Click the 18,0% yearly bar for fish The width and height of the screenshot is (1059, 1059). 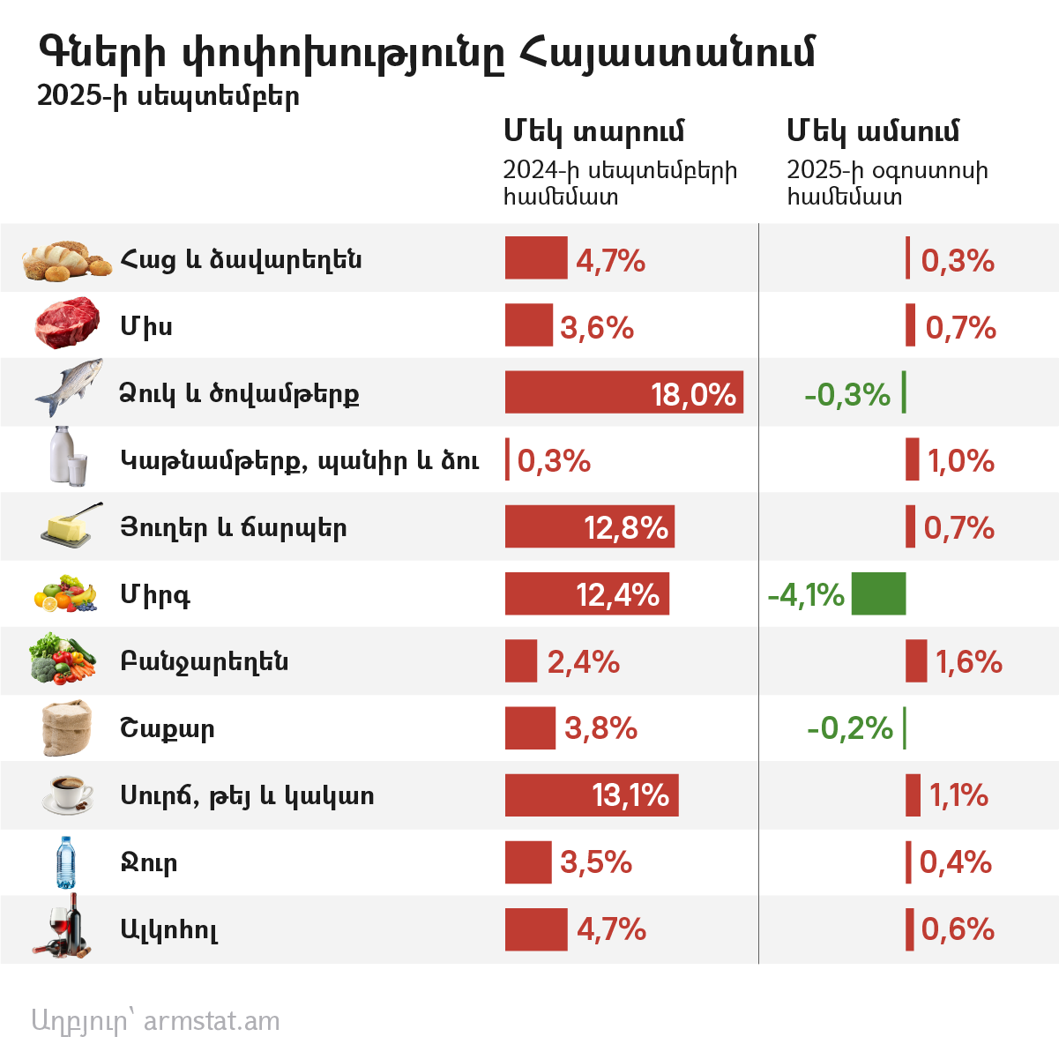click(x=623, y=392)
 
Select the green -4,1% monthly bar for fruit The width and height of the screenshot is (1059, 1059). click(x=878, y=593)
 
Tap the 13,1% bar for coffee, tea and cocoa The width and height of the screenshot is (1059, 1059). click(x=591, y=794)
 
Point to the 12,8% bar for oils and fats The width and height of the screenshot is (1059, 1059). click(x=589, y=526)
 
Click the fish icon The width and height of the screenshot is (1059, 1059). click(x=69, y=388)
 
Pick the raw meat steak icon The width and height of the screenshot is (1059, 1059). click(x=68, y=324)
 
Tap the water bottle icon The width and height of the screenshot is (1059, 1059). click(x=66, y=862)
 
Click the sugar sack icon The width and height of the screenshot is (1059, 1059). click(x=66, y=727)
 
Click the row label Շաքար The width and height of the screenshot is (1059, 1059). click(x=167, y=729)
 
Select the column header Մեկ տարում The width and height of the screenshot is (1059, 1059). click(x=593, y=131)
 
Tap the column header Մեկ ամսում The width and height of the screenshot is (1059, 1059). click(x=872, y=131)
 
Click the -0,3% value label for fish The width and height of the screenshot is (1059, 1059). click(x=846, y=394)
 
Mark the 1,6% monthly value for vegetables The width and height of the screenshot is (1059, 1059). click(x=968, y=661)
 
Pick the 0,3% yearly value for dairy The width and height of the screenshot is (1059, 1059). click(x=554, y=460)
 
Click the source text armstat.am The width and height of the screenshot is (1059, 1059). click(x=211, y=1020)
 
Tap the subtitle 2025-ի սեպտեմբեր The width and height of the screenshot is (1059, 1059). click(x=168, y=95)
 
